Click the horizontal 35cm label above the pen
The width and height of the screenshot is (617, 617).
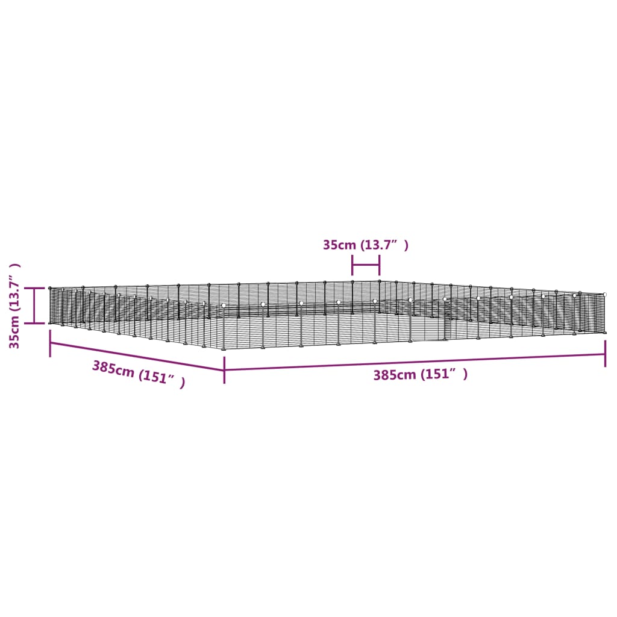(366, 245)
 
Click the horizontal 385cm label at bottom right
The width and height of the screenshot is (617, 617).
(420, 374)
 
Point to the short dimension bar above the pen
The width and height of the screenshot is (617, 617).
(366, 265)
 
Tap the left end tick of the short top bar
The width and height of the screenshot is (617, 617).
(352, 265)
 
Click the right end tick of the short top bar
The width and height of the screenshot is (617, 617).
(380, 265)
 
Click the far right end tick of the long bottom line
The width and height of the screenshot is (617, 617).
(605, 353)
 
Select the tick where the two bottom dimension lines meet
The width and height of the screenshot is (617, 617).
(224, 370)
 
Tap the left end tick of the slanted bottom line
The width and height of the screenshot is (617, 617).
(50, 348)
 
